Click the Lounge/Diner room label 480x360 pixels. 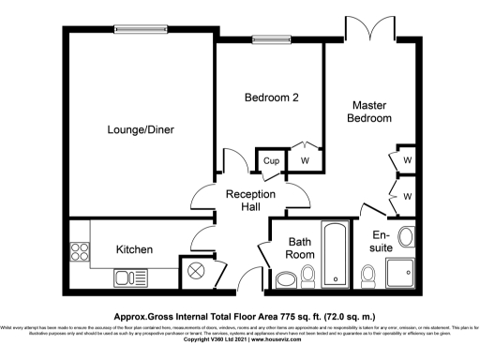(140, 129)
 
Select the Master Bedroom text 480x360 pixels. (369, 112)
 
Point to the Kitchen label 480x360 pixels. (134, 249)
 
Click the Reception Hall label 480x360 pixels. (250, 200)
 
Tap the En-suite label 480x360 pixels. (382, 241)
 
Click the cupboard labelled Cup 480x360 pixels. (271, 162)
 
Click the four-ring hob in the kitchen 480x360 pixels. (79, 252)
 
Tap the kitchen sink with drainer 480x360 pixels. (127, 277)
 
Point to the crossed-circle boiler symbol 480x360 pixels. (196, 271)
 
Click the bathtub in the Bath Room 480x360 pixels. (335, 253)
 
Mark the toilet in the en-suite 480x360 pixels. (368, 275)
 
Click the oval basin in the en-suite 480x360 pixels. (408, 235)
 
